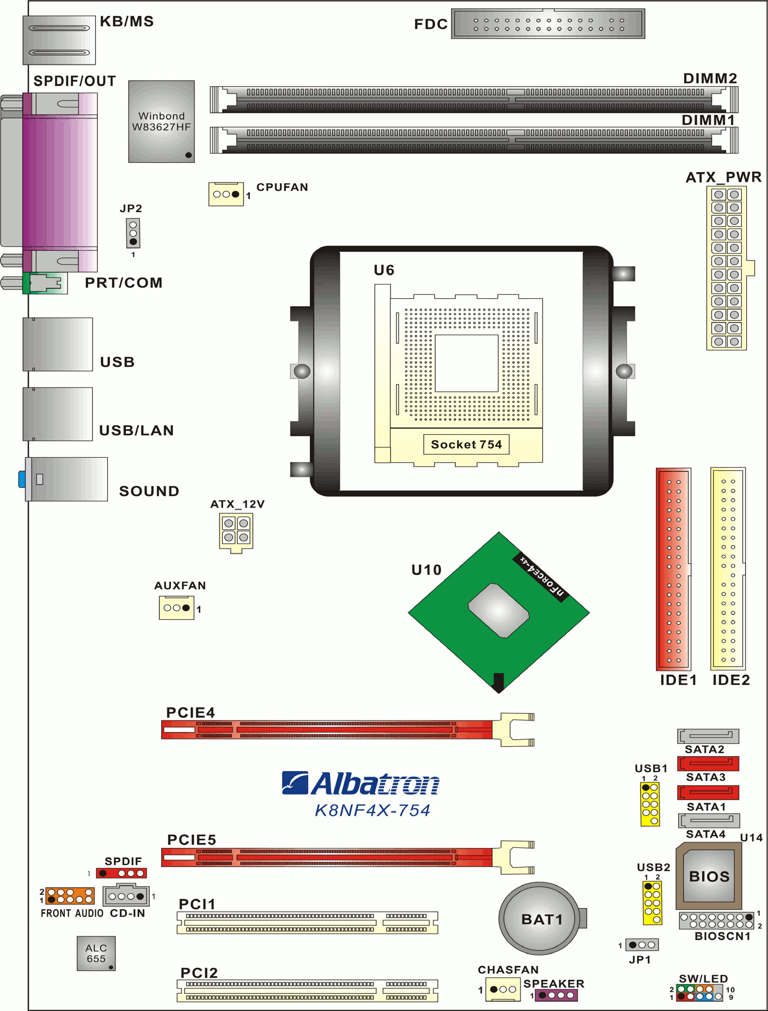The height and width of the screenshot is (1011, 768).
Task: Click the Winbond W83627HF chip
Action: click(x=161, y=122)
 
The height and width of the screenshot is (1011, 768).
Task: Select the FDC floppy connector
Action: click(x=548, y=23)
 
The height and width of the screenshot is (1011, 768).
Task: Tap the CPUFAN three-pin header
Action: click(x=226, y=194)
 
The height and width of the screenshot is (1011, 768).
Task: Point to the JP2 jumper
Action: click(x=133, y=233)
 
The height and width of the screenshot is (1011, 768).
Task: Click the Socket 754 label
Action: click(x=466, y=444)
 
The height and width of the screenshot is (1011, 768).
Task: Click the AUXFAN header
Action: click(x=176, y=608)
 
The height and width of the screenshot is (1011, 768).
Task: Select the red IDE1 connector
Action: click(x=674, y=569)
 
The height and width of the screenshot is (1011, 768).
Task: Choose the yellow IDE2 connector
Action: click(x=728, y=569)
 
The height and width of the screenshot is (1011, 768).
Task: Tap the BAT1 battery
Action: click(x=540, y=919)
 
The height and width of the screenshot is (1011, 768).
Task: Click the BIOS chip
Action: click(x=709, y=876)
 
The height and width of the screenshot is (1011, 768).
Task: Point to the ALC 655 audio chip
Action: click(x=96, y=953)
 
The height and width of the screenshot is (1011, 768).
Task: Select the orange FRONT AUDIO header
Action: click(x=70, y=896)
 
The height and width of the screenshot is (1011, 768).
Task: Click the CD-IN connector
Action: click(x=126, y=896)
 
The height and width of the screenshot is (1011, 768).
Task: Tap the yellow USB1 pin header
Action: click(x=650, y=804)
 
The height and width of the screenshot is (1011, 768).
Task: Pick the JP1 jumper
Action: click(x=642, y=945)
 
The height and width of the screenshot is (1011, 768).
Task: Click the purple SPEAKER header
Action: click(x=556, y=995)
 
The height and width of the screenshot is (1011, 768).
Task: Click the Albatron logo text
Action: click(x=361, y=784)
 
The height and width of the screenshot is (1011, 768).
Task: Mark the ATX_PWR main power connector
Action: click(x=727, y=268)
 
